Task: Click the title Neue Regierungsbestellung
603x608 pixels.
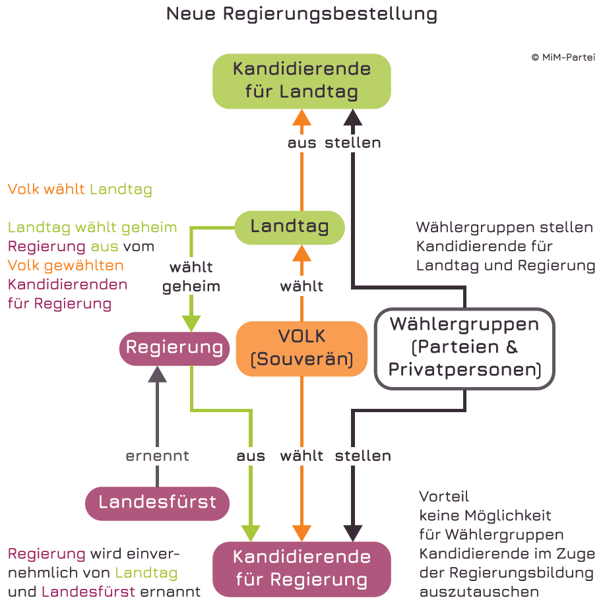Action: (x=301, y=14)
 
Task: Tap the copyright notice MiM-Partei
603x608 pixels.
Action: (x=563, y=57)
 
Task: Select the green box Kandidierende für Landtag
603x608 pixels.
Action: (x=301, y=80)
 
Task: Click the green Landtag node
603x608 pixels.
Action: (x=290, y=228)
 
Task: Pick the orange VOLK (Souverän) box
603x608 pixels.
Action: (x=301, y=348)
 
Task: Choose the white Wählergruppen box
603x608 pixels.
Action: (x=464, y=348)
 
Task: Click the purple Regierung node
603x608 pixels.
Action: (x=174, y=348)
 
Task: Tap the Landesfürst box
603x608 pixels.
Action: (x=158, y=502)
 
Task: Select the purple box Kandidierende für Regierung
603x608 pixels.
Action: (x=301, y=568)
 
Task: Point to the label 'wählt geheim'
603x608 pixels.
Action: (x=191, y=277)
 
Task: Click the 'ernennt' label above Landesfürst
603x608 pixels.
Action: (x=158, y=456)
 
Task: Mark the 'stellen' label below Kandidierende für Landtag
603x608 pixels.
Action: (x=353, y=142)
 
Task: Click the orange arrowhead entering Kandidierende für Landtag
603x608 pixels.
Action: (x=301, y=117)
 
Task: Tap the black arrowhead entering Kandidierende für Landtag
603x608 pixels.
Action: (x=354, y=117)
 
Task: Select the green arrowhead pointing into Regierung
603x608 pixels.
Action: (x=191, y=323)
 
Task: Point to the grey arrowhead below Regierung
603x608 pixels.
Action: (x=158, y=374)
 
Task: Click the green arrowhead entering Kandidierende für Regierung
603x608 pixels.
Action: (x=251, y=533)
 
